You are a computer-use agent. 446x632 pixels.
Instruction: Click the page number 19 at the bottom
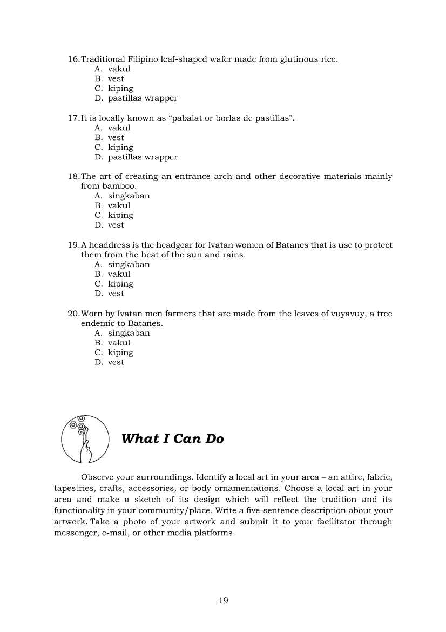pyautogui.click(x=224, y=601)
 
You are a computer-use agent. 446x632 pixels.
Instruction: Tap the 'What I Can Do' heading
pyautogui.click(x=172, y=439)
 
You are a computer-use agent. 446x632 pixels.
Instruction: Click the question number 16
pyautogui.click(x=73, y=59)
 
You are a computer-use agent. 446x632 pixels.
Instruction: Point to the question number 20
pyautogui.click(x=73, y=314)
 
